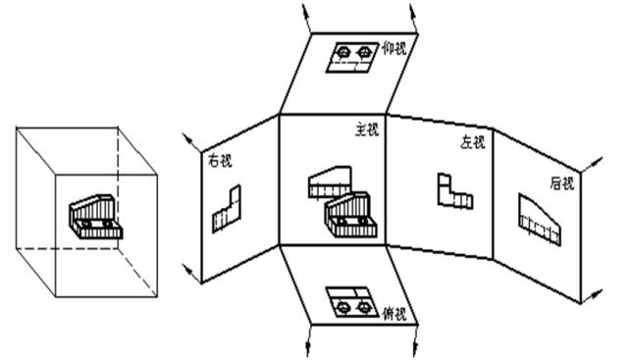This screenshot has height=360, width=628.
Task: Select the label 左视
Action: click(473, 143)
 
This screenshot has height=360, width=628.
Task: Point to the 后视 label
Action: click(562, 182)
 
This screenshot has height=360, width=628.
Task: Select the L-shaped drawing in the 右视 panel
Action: click(229, 206)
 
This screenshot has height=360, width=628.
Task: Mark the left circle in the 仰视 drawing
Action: click(344, 51)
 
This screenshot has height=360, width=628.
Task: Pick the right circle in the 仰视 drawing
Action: click(365, 51)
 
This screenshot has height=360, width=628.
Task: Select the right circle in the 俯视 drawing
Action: click(365, 306)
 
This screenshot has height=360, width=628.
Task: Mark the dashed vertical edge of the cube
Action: click(120, 186)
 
